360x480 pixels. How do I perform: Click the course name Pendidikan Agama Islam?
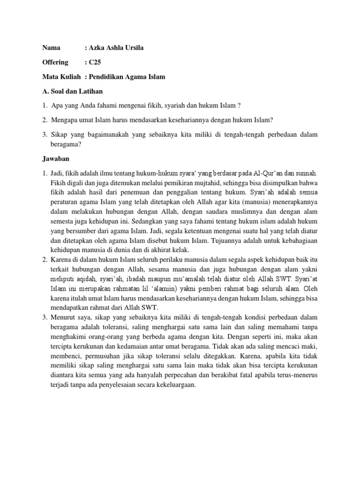127,76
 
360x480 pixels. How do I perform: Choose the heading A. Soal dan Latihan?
72,91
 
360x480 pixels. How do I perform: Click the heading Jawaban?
56,159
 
